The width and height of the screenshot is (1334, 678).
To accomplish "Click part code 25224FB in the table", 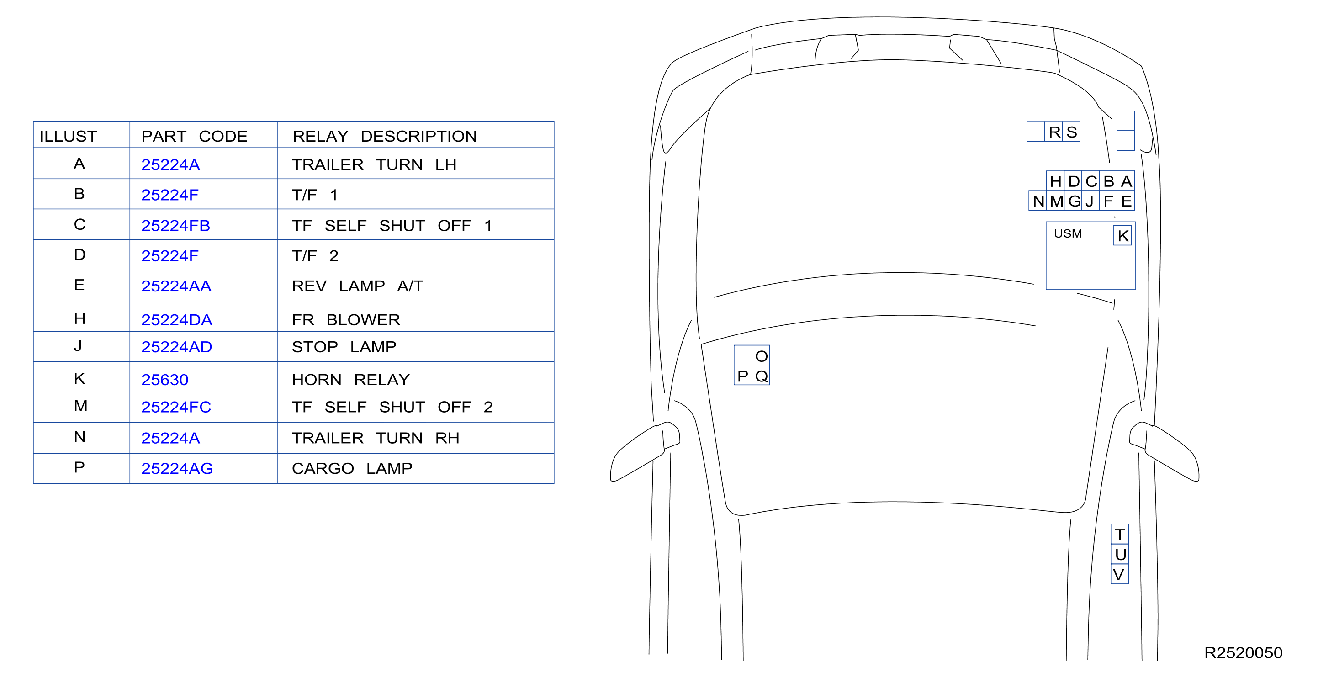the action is point(175,226).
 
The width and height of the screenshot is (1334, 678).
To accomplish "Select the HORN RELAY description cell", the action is point(350,380).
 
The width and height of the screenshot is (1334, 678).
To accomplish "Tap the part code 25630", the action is point(164,380).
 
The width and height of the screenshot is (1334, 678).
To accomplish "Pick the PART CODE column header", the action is point(194,136).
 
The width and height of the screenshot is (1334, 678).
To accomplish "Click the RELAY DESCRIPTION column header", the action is point(384,136).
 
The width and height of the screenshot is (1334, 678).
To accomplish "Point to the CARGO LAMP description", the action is point(352,468).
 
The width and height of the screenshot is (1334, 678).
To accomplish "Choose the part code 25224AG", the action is point(177,468).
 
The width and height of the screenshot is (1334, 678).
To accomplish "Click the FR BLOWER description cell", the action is point(346,319).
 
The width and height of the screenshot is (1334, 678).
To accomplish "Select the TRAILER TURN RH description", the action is point(376,438).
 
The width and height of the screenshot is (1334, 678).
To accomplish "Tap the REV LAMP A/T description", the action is point(357,286).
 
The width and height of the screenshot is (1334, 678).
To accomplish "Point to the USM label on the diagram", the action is point(1068,233).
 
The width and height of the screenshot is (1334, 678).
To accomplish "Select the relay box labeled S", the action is point(1071,132).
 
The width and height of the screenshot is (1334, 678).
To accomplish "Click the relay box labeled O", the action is point(761,355).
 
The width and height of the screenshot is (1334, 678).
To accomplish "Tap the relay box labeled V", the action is point(1119,574).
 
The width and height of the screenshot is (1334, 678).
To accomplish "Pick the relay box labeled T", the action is point(1120,534).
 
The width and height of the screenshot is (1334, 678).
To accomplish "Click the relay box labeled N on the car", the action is point(1038,201).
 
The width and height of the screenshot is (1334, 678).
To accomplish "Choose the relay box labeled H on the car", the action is point(1055,181).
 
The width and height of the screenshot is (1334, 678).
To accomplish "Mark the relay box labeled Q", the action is point(761,376).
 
